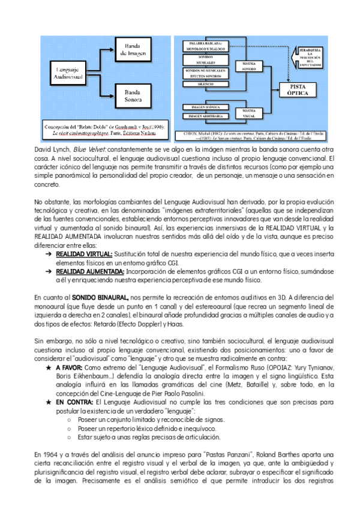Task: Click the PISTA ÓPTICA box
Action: tap(298, 89)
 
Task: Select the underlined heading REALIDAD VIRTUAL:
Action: tap(84, 255)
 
